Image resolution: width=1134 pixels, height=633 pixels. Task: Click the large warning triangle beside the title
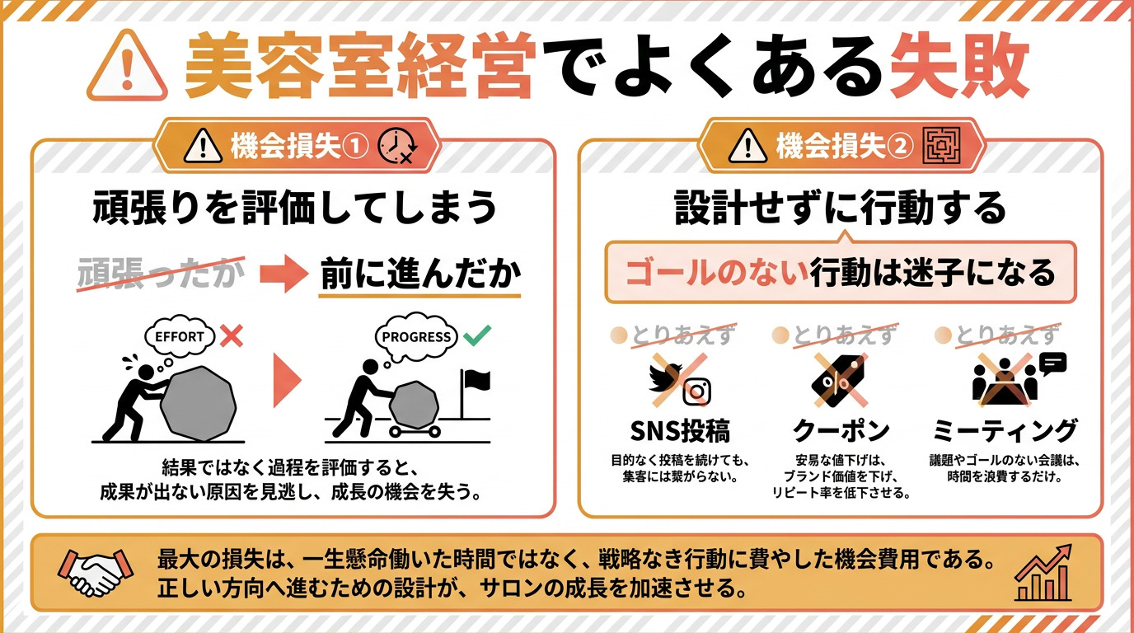click(127, 66)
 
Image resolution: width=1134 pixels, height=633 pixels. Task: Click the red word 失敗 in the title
click(959, 65)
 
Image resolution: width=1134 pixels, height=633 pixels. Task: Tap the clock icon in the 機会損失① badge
click(397, 147)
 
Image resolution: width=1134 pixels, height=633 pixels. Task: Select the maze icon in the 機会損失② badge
click(941, 146)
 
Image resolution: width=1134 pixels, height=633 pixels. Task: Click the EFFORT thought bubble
click(180, 337)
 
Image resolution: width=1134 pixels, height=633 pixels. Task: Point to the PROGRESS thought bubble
click(416, 337)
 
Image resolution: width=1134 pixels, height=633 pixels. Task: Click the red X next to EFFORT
click(232, 335)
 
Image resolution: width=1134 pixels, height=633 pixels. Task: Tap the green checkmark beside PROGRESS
click(477, 335)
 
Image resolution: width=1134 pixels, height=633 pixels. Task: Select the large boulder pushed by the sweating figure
click(199, 404)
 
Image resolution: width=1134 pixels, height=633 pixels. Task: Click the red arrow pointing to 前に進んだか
click(283, 274)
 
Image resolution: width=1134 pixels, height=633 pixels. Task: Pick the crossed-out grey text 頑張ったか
click(161, 274)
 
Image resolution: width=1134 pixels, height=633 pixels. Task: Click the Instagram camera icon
click(696, 392)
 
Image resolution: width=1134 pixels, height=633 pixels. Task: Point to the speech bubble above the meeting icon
click(1052, 363)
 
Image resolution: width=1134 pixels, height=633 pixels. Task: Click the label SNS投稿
click(680, 431)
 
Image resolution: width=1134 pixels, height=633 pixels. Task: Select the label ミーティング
click(1005, 430)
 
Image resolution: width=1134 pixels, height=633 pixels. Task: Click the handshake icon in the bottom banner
click(96, 572)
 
